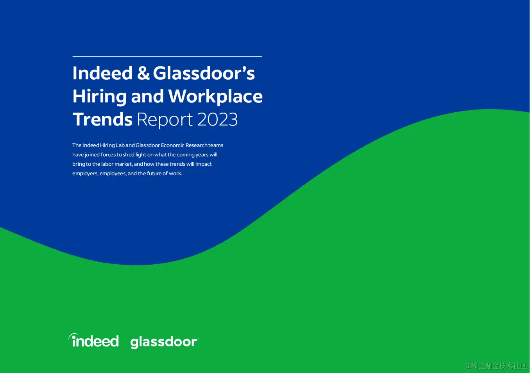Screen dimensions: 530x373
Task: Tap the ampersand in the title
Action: coord(143,73)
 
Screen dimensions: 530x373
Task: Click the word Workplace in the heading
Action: coord(215,97)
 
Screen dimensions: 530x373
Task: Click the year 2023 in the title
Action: coord(217,119)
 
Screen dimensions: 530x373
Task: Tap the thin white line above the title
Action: coord(167,57)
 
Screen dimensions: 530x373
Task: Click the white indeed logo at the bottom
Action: coord(94,341)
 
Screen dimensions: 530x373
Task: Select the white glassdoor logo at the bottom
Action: coord(165,342)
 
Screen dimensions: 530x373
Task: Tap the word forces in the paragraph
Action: coord(108,155)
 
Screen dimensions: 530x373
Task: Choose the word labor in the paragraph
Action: coord(107,164)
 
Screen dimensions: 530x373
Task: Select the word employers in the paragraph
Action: coord(85,174)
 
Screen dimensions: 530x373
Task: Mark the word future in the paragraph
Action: coord(154,174)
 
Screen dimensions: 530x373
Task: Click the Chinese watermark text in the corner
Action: coord(496,366)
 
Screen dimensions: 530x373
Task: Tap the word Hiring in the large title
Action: coord(100,97)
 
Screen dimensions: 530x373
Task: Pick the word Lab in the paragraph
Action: coord(120,145)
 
